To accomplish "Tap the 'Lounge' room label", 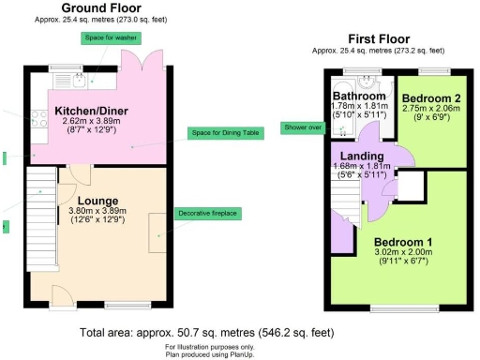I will click(x=97, y=200).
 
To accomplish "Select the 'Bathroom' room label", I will click(x=361, y=97).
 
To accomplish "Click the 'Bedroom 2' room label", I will click(x=425, y=97).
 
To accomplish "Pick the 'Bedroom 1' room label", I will click(x=406, y=241).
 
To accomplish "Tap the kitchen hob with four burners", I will click(x=40, y=118).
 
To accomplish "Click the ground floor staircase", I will click(x=41, y=202).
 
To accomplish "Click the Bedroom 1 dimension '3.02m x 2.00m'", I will click(x=406, y=252).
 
